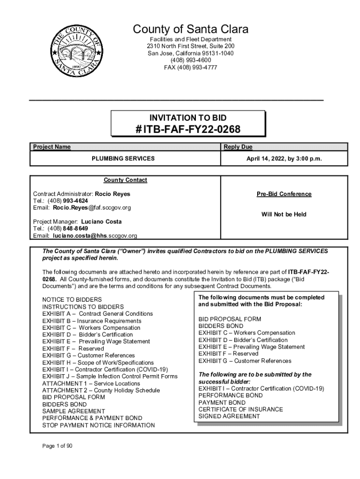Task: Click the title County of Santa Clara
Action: [x=191, y=29]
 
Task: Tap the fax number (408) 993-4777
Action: [x=191, y=67]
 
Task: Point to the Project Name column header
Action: [x=52, y=147]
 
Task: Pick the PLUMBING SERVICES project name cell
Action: [x=123, y=159]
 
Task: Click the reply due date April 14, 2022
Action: [x=284, y=159]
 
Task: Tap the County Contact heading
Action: [x=125, y=180]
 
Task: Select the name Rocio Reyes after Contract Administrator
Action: [x=113, y=194]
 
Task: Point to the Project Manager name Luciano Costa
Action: [x=101, y=221]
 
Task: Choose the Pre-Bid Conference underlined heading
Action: [x=284, y=194]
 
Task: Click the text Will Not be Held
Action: [x=284, y=214]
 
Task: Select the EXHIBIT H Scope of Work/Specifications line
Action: [x=98, y=363]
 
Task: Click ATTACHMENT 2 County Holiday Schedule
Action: [x=101, y=390]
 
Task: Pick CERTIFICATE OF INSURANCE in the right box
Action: [x=241, y=409]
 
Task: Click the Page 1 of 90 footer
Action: [x=58, y=446]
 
